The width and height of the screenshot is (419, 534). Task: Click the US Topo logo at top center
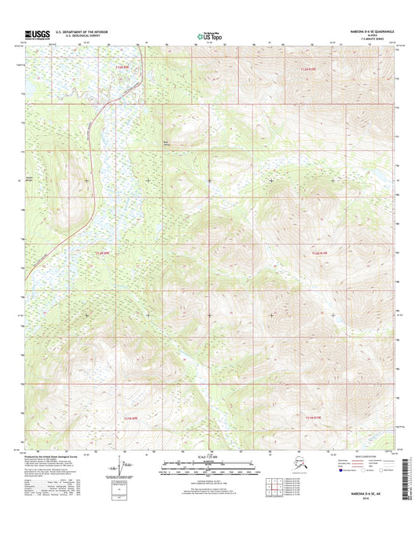click(208, 35)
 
